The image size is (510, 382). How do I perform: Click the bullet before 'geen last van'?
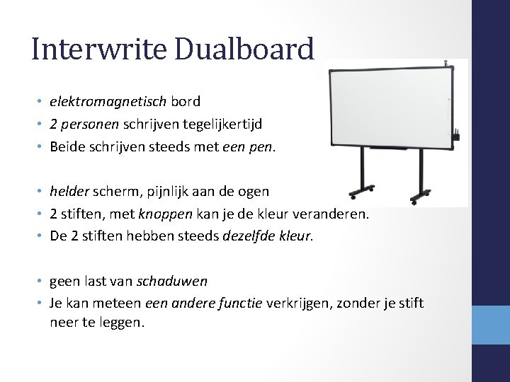pyautogui.click(x=41, y=282)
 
